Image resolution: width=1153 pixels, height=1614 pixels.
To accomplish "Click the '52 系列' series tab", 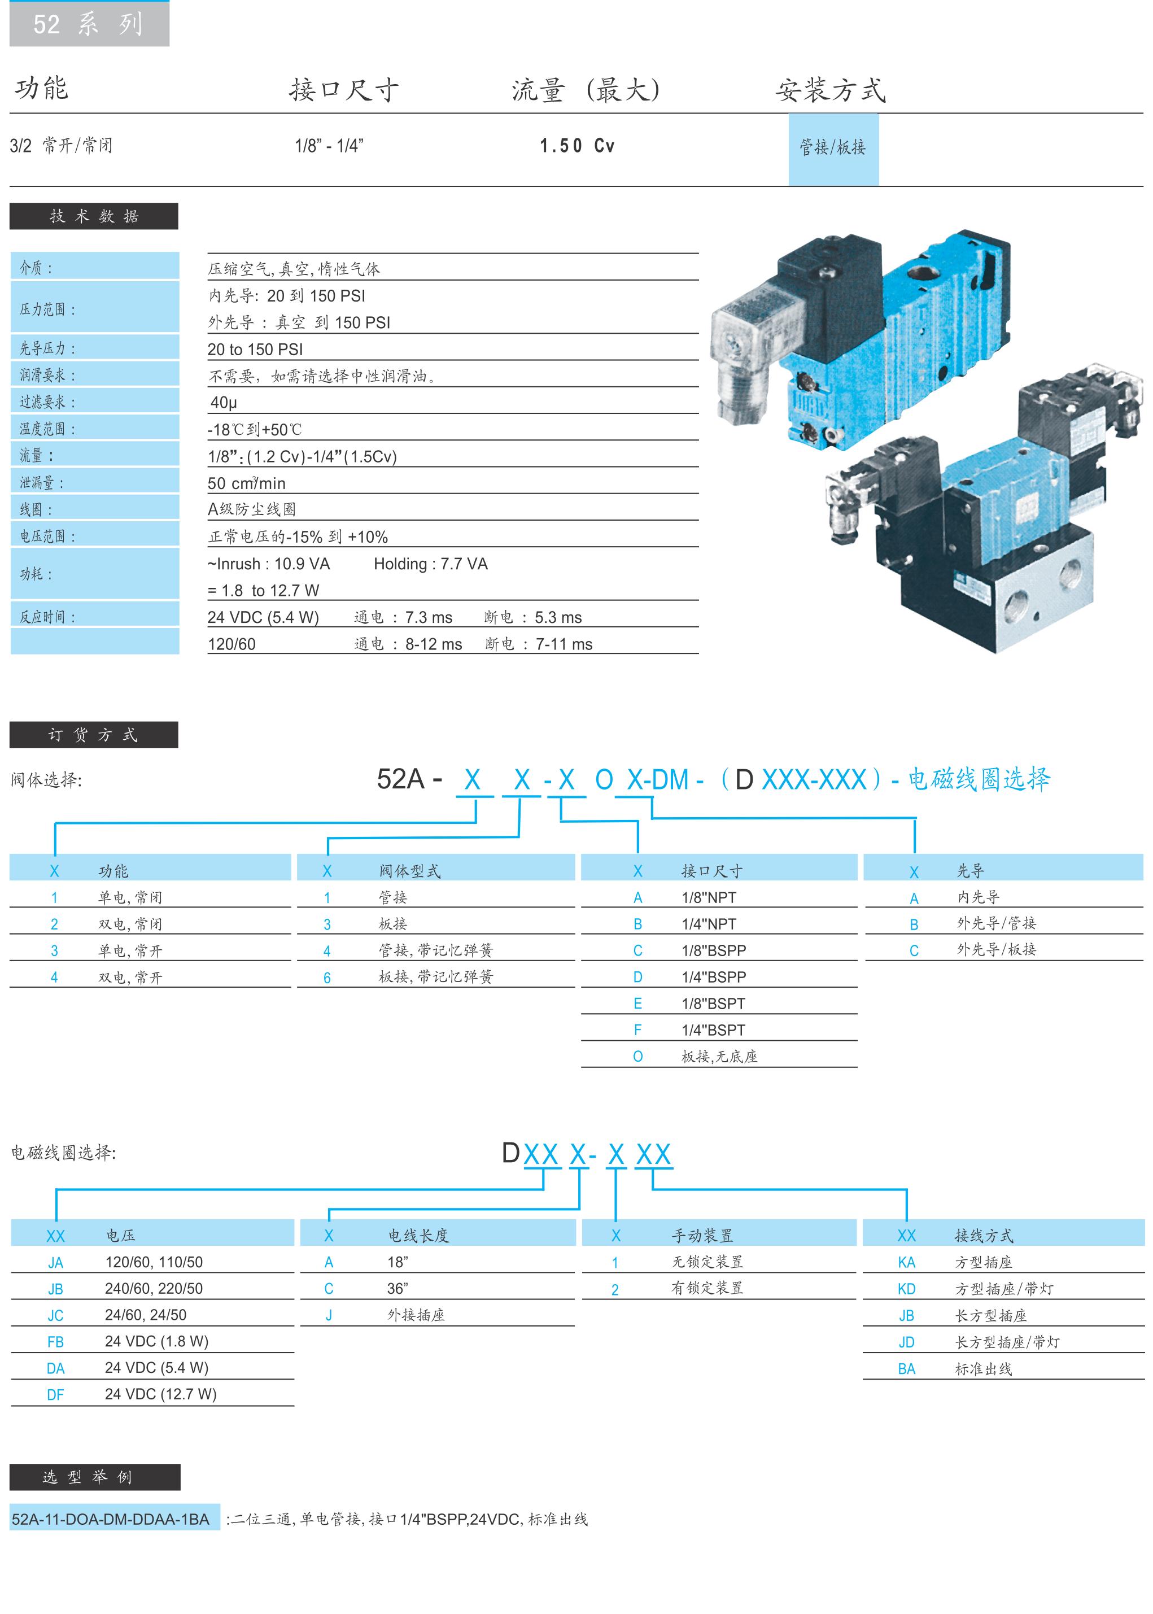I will pyautogui.click(x=89, y=24).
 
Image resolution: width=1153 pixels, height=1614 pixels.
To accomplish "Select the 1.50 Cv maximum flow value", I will pyautogui.click(x=576, y=146).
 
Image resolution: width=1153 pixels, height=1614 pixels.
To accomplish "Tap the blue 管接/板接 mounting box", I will pyautogui.click(x=833, y=149).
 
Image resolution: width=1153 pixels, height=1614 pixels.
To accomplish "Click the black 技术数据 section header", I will pyautogui.click(x=94, y=216).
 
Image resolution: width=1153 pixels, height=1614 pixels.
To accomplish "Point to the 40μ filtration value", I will pyautogui.click(x=224, y=403).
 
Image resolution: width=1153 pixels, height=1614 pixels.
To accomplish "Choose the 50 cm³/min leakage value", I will pyautogui.click(x=246, y=483).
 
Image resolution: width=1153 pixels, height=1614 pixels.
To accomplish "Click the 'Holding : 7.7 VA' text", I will pyautogui.click(x=430, y=564).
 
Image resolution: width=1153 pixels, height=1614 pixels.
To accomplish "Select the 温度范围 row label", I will pyautogui.click(x=47, y=429).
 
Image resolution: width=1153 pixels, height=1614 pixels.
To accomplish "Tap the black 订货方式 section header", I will pyautogui.click(x=93, y=735).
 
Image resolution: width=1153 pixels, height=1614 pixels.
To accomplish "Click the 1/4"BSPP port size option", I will pyautogui.click(x=714, y=977).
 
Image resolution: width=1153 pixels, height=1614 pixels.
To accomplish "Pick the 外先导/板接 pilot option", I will pyautogui.click(x=996, y=949).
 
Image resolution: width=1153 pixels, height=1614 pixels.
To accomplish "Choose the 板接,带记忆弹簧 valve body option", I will pyautogui.click(x=435, y=977).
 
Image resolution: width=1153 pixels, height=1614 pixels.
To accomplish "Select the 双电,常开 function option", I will pyautogui.click(x=130, y=978).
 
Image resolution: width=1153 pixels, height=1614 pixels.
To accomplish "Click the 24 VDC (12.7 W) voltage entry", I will pyautogui.click(x=160, y=1394).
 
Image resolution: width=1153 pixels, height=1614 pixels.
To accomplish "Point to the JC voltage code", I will pyautogui.click(x=55, y=1316).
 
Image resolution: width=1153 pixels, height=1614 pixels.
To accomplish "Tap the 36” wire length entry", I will pyautogui.click(x=398, y=1289).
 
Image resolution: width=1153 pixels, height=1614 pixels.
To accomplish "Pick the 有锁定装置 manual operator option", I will pyautogui.click(x=707, y=1288).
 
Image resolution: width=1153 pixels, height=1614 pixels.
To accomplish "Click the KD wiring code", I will pyautogui.click(x=907, y=1289).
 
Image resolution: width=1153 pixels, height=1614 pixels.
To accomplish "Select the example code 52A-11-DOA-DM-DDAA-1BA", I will pyautogui.click(x=111, y=1520).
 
